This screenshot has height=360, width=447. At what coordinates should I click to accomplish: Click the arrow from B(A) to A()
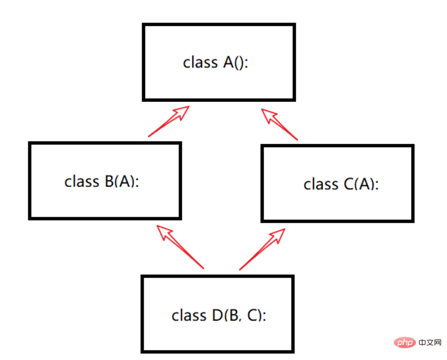[169, 122]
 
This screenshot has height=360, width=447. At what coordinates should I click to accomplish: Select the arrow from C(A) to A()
[279, 124]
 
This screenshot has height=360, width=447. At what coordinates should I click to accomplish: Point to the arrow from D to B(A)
[180, 247]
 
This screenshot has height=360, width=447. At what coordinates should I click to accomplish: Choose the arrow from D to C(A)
[262, 249]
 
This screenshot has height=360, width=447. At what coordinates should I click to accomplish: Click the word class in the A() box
[200, 63]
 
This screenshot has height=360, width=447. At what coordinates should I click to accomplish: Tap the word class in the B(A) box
[82, 182]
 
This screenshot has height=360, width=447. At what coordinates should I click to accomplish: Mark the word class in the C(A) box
[321, 184]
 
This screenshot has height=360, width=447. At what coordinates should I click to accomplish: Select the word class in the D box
[189, 316]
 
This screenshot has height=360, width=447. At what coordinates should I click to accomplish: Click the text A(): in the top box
[236, 63]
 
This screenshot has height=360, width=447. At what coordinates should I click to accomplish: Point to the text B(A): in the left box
[122, 182]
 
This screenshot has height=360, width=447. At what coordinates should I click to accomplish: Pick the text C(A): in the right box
[361, 184]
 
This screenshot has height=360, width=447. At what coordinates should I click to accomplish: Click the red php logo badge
[405, 342]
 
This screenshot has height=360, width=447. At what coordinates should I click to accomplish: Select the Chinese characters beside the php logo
[430, 342]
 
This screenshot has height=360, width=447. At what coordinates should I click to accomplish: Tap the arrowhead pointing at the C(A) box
[277, 235]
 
